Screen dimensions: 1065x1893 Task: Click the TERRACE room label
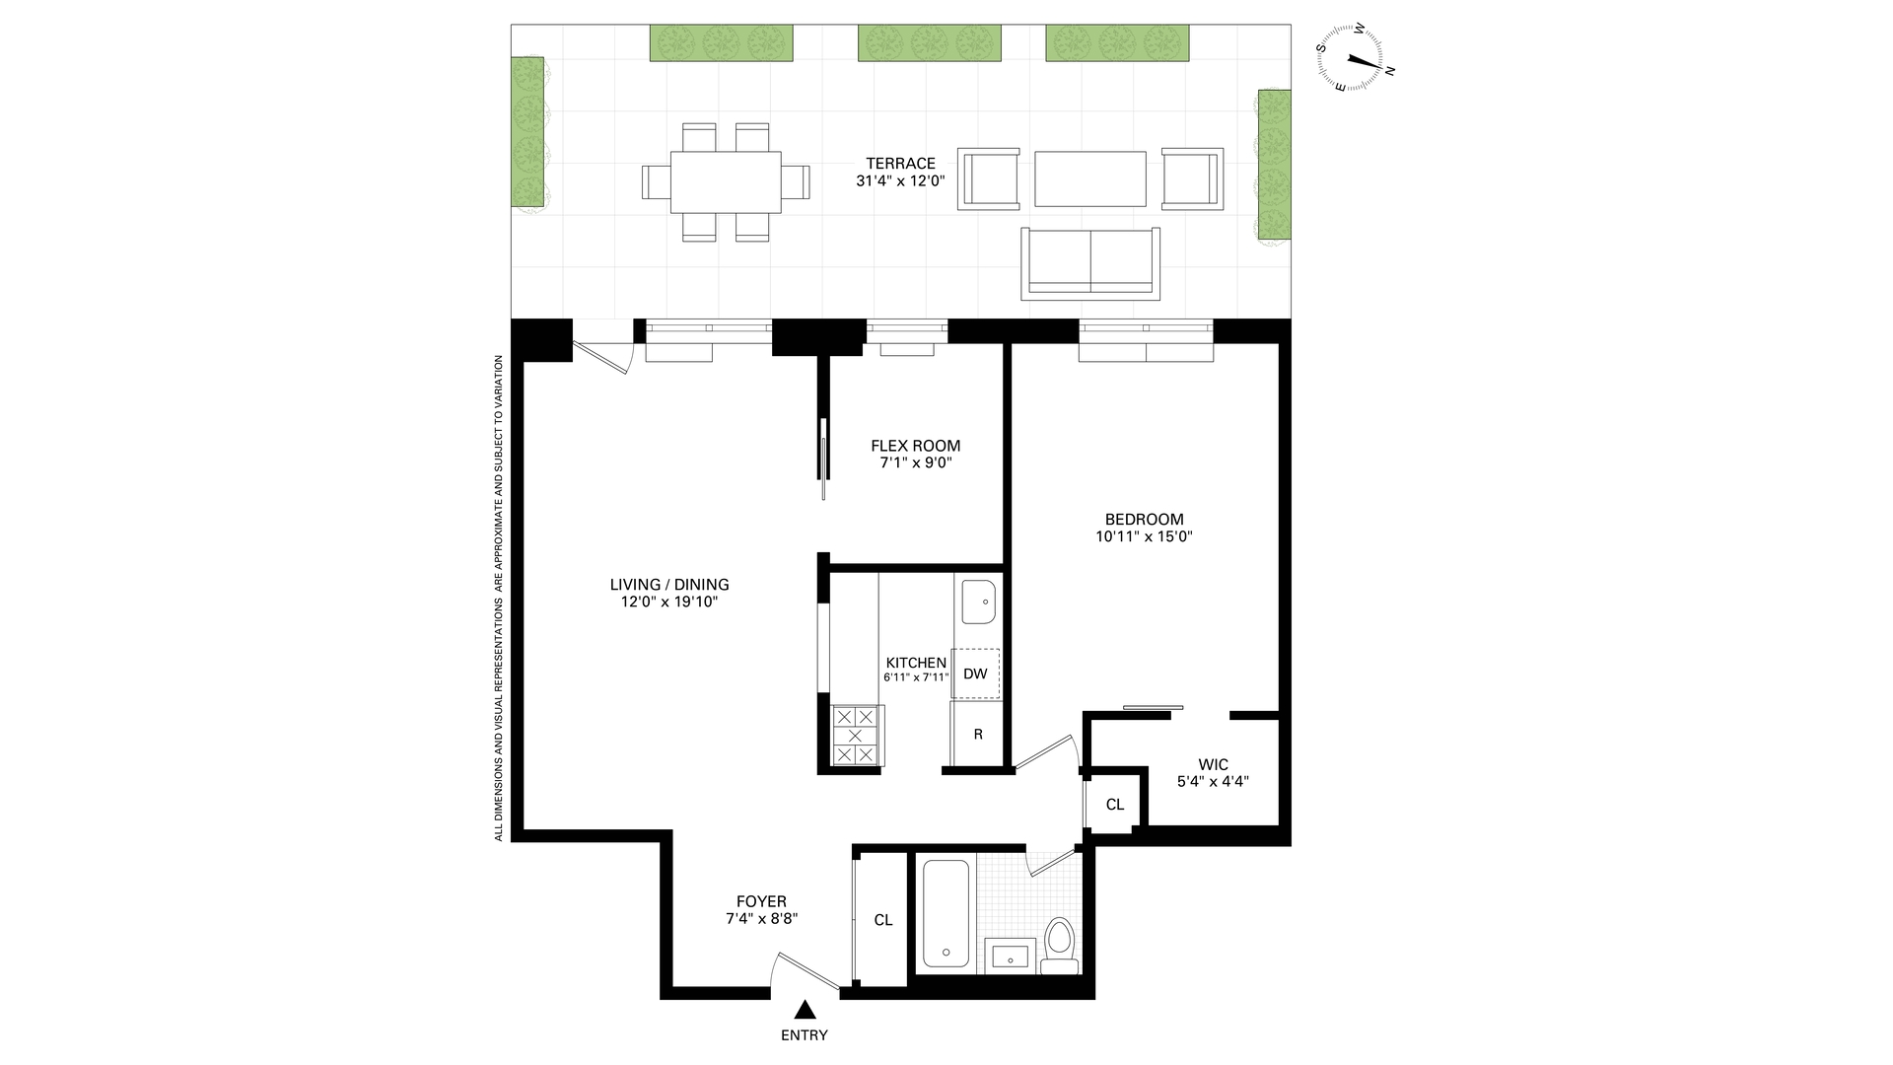[x=900, y=164]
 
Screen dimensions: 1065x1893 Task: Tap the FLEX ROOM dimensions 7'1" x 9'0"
[x=915, y=462]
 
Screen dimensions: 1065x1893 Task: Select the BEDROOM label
[x=1144, y=520]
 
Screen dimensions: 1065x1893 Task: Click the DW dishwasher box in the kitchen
[x=975, y=674]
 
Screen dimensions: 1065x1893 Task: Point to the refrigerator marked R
[x=977, y=734]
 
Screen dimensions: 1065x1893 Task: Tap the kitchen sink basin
[x=979, y=602]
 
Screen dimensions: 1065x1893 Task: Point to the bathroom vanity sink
[x=1011, y=956]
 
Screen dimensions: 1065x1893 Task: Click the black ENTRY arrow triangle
[x=805, y=1010]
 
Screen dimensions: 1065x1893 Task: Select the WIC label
[x=1213, y=765]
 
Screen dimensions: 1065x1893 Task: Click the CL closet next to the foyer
[x=883, y=920]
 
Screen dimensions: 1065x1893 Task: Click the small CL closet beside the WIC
[x=1114, y=805]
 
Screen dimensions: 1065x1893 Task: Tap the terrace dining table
[x=726, y=181]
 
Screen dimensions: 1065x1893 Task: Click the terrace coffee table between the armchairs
[x=1090, y=178]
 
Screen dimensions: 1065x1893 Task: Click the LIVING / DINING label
[x=669, y=585]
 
